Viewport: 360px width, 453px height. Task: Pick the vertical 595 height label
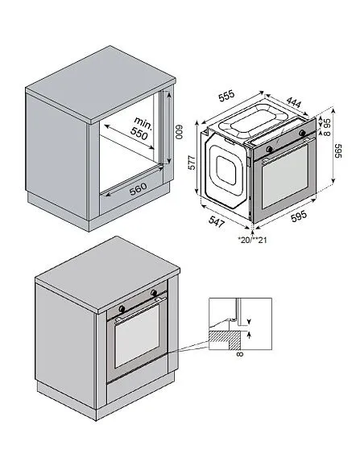coord(339,153)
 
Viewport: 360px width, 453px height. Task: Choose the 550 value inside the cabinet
coord(140,134)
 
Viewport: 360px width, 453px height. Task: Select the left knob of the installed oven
coord(122,308)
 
